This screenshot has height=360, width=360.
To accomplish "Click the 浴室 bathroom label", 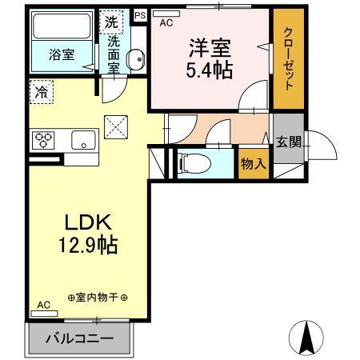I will click(x=62, y=56).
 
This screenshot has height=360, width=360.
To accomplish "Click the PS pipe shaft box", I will click(x=140, y=15).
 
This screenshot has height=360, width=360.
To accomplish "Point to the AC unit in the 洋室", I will click(x=166, y=22).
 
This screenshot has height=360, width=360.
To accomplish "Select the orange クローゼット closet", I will click(x=288, y=61).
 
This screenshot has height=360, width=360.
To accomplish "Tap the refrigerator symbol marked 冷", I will click(x=40, y=92).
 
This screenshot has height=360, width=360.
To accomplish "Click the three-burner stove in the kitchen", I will click(x=43, y=141).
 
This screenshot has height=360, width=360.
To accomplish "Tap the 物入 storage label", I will click(x=253, y=164).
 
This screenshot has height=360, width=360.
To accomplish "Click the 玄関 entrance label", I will click(x=288, y=142).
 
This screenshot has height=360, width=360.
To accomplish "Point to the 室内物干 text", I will click(x=97, y=298).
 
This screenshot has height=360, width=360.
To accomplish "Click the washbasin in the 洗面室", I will click(x=137, y=59).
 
